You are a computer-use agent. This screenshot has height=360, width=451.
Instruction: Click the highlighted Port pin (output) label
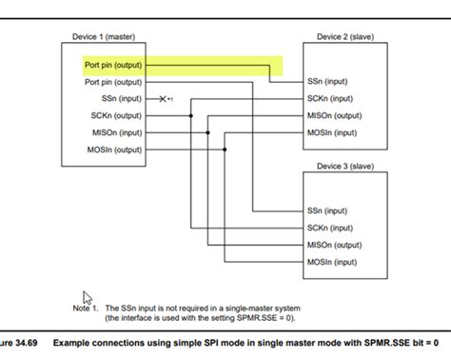coord(112,66)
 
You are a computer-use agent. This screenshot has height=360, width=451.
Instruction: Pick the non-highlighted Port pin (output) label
coord(112,82)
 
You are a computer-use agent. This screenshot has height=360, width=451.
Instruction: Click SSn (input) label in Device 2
coord(327,82)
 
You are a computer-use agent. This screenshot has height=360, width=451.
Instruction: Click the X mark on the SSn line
coord(163,98)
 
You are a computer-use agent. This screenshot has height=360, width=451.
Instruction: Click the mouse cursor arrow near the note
coord(86,297)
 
